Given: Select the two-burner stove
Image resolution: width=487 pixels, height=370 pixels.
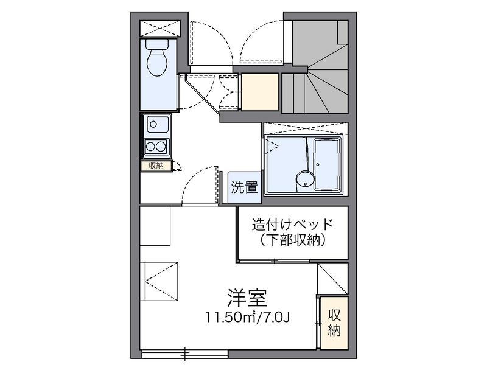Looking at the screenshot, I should click(x=156, y=146).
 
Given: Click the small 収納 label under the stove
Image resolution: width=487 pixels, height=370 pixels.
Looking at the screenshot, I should click(x=155, y=166).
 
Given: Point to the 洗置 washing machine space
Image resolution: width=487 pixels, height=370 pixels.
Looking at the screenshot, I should click(x=243, y=187).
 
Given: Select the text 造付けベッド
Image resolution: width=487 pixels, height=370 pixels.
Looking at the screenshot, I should click(x=293, y=224).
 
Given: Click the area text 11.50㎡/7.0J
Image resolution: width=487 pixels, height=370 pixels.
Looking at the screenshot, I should click(x=250, y=317).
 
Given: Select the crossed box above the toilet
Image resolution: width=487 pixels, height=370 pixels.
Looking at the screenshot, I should click(x=160, y=28).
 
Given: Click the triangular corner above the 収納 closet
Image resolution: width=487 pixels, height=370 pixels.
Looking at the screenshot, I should click(x=332, y=279).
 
